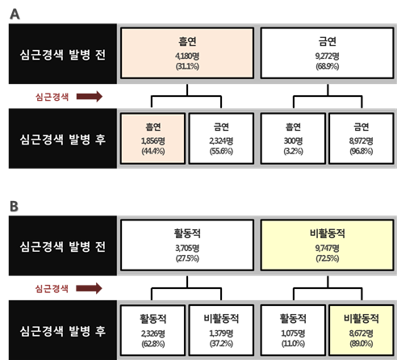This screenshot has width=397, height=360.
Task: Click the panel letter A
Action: pos(15,14)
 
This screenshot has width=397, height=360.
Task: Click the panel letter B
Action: pos(15,207)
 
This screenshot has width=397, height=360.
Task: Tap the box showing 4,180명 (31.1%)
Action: pos(187,53)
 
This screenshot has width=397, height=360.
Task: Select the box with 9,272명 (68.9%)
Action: pos(327,53)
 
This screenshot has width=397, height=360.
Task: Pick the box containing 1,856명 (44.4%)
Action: pos(153,138)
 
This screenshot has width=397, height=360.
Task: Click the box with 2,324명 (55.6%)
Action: pos(221,138)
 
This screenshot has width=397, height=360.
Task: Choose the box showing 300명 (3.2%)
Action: pos(293,138)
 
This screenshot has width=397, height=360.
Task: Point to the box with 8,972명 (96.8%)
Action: pos(361,138)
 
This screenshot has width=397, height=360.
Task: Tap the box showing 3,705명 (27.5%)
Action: pos(187,245)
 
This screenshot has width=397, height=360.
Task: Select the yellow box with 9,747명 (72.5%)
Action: pos(327,245)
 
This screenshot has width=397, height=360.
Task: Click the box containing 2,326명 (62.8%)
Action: pos(153,330)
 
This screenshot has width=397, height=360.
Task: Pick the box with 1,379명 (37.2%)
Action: pos(221,330)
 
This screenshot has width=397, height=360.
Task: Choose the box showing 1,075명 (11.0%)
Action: pos(293,330)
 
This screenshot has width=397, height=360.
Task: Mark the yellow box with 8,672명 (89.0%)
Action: pos(361,330)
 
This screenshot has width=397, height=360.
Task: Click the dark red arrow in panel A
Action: pos(90,96)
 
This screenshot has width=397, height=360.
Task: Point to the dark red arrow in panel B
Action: pos(89,288)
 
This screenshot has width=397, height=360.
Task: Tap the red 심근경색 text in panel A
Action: pos(52,97)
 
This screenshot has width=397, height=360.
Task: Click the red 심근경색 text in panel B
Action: pos(52,289)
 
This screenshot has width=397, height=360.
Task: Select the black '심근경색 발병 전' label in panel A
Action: pos(63,54)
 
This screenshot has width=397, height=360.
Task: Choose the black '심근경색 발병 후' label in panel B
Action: pos(63,330)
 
